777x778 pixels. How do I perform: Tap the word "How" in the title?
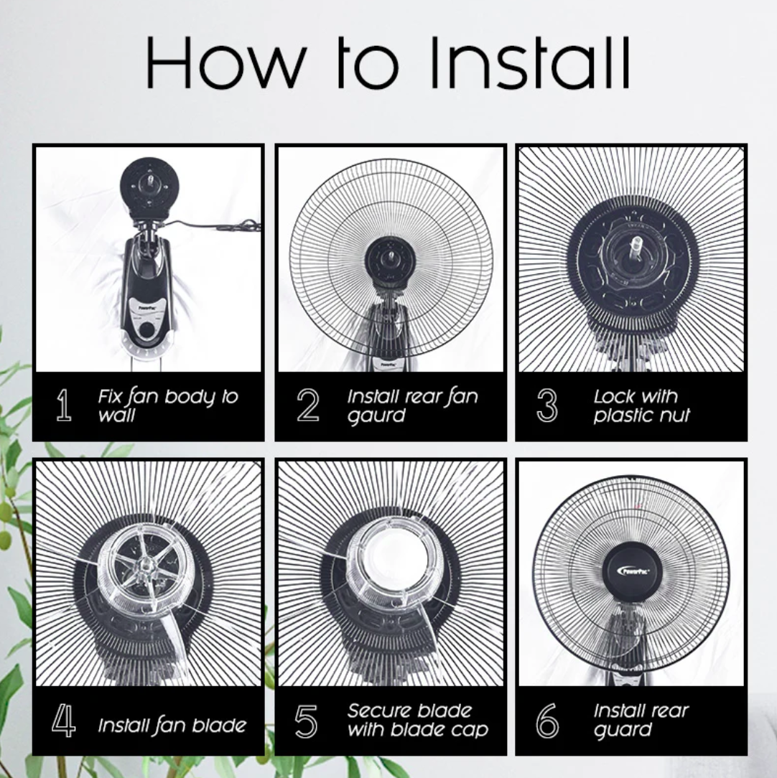(x=226, y=63)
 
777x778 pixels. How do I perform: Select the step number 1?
(x=63, y=405)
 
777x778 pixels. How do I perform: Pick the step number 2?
(x=308, y=405)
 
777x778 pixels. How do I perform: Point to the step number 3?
(x=547, y=405)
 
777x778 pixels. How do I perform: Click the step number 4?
(x=63, y=720)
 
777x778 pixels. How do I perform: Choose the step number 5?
(x=306, y=721)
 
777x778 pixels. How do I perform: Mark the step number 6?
(x=547, y=721)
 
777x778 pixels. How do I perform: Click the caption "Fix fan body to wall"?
(x=168, y=406)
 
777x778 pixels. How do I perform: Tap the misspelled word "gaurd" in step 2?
(x=376, y=416)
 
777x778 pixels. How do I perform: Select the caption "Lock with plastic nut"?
(x=641, y=406)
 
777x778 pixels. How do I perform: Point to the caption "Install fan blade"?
(x=172, y=726)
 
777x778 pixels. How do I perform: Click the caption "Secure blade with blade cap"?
(x=417, y=720)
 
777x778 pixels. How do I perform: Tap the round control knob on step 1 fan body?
(x=146, y=330)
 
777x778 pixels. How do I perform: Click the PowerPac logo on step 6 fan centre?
(x=633, y=571)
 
